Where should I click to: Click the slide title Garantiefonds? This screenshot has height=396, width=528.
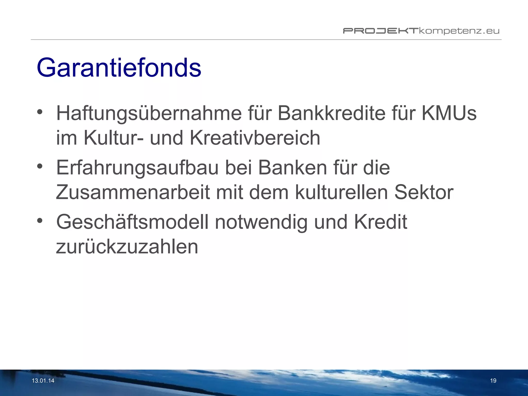click(x=119, y=67)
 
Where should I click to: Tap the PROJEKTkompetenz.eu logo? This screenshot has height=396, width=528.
click(x=421, y=31)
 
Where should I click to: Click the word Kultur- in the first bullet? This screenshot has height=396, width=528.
click(x=113, y=138)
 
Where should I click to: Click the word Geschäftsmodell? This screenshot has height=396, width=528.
click(x=132, y=222)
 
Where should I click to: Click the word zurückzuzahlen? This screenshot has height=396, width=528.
click(x=127, y=247)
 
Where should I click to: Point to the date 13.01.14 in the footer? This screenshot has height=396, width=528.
click(x=43, y=381)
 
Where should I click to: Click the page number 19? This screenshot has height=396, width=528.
click(x=493, y=381)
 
